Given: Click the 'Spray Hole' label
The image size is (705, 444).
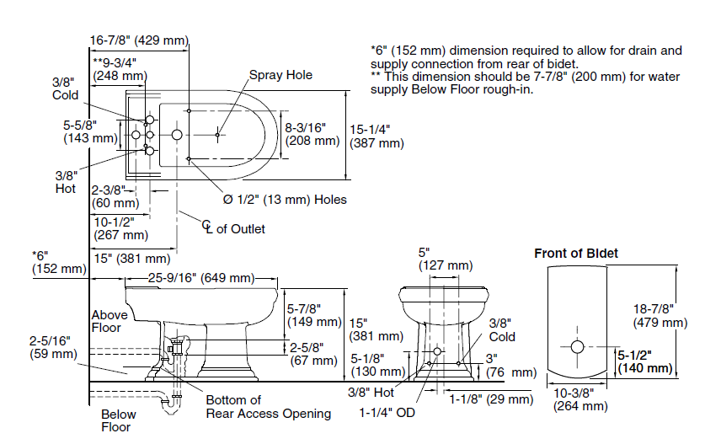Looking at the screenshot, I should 280,75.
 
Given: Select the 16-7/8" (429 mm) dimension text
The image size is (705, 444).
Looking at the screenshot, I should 140,40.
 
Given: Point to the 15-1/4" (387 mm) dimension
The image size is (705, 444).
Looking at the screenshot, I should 377,136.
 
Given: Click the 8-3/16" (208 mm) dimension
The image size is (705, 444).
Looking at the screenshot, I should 312,133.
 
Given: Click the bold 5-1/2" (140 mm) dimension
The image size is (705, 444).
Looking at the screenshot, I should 645,361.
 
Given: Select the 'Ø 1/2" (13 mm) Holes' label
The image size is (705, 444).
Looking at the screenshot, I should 285,200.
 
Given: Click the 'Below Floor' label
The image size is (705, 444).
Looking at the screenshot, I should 118,420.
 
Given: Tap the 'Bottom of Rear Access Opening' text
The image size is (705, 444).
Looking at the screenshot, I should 269,407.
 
